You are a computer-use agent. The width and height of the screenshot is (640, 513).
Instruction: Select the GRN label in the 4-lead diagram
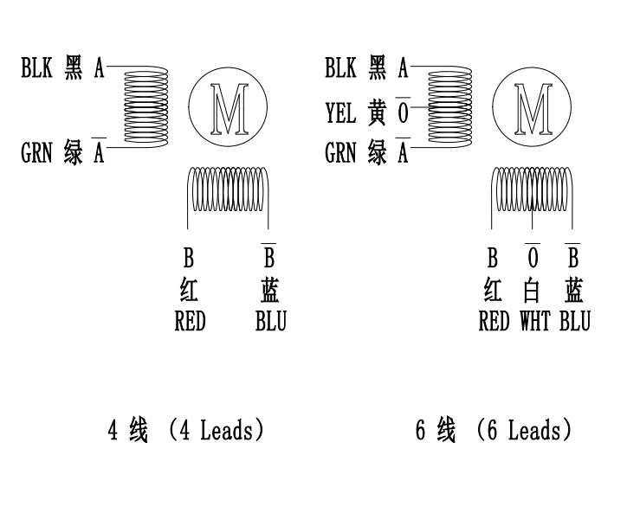pos(37,154)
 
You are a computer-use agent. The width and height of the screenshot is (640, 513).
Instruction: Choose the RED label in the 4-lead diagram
pos(190,322)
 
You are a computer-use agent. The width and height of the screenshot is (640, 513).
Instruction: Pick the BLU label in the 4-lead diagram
pos(270,322)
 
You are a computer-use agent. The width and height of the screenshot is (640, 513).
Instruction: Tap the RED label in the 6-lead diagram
pos(494,322)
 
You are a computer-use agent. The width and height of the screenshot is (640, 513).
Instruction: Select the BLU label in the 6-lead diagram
pos(574,322)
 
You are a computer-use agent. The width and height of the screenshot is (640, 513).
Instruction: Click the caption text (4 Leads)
pos(216,430)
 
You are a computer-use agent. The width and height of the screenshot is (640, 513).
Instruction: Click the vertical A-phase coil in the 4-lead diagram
pos(146,108)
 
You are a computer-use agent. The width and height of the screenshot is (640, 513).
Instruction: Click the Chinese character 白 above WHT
pos(533,290)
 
